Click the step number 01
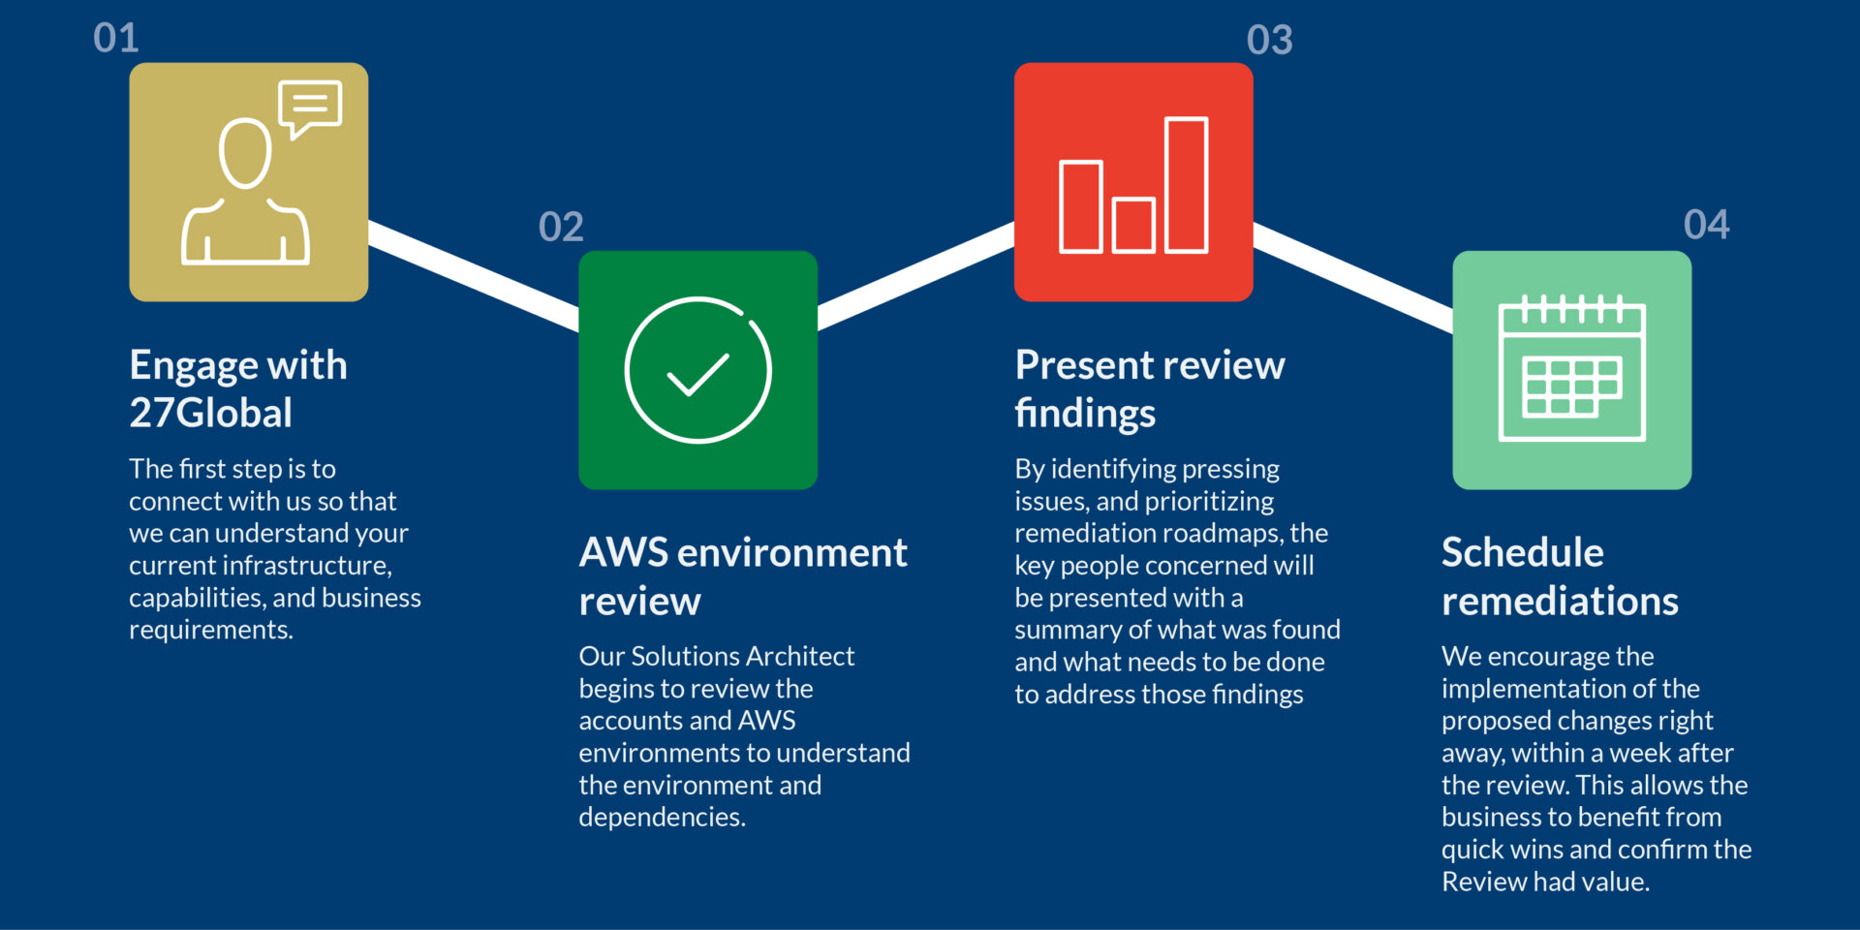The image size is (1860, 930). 116,39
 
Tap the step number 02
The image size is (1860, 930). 561,227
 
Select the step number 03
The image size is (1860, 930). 1269,40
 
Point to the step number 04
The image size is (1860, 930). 1706,225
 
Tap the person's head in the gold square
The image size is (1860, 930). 245,153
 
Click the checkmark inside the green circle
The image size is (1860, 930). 698,375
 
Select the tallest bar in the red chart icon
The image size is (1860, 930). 1186,185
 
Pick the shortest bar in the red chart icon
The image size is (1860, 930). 1133,225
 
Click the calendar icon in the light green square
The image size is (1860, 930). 1571,368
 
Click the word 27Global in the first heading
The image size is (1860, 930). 211,414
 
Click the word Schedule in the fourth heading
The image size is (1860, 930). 1523,553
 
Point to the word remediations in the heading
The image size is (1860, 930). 1560,602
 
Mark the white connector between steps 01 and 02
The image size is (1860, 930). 474,275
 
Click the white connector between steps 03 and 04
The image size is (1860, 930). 1353,277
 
